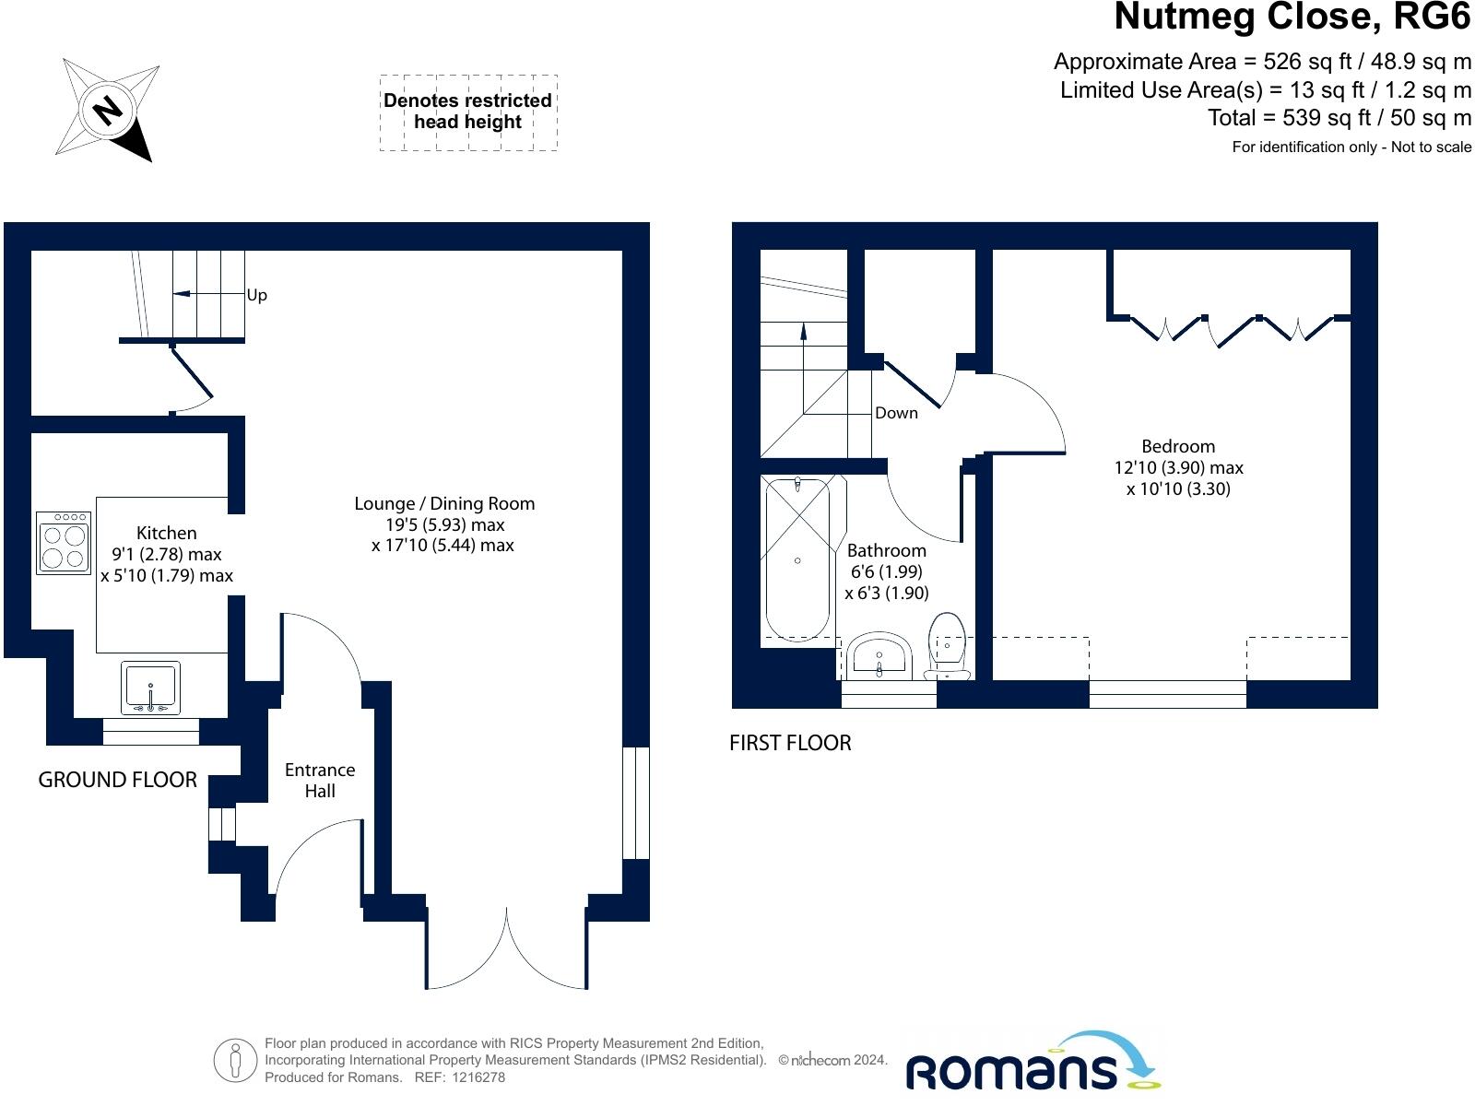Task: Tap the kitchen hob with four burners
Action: pyautogui.click(x=64, y=543)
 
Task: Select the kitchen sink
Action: pyautogui.click(x=150, y=688)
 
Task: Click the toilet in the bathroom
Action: pyautogui.click(x=947, y=646)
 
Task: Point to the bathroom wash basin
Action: pyautogui.click(x=879, y=655)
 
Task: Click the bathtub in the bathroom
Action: pyautogui.click(x=797, y=558)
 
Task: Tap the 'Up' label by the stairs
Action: pyautogui.click(x=256, y=296)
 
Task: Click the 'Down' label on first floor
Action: pyautogui.click(x=896, y=413)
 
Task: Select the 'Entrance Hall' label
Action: pyautogui.click(x=320, y=781)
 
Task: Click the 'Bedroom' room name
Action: pyautogui.click(x=1178, y=447)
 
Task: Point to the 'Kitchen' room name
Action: pyautogui.click(x=167, y=534)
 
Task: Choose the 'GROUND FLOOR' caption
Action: pyautogui.click(x=118, y=780)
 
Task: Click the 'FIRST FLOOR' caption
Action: pyautogui.click(x=790, y=743)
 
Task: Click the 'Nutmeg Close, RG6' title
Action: pyautogui.click(x=1292, y=17)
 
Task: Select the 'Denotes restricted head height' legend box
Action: pyautogui.click(x=468, y=112)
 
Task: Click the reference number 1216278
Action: pyautogui.click(x=478, y=1077)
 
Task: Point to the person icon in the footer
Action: pyautogui.click(x=235, y=1061)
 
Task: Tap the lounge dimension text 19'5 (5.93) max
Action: pyautogui.click(x=445, y=524)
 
